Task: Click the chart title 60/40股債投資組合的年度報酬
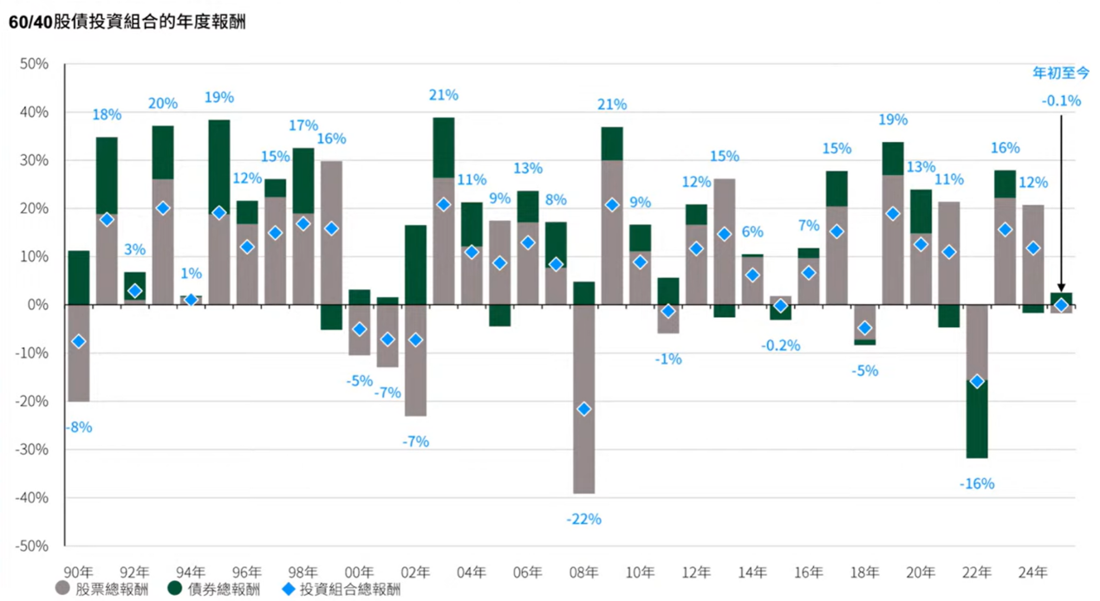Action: tap(127, 23)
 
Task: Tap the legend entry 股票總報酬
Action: tap(103, 589)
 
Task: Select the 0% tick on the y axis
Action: tap(38, 305)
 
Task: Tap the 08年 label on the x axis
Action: tap(583, 572)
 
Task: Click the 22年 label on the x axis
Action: tap(977, 572)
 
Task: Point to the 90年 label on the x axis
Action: tap(78, 572)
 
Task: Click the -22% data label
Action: tap(583, 520)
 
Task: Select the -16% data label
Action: tap(977, 484)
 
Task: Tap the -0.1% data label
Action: tap(1061, 101)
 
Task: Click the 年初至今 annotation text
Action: tap(1060, 73)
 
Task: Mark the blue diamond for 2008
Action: tap(584, 409)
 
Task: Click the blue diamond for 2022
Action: tap(977, 382)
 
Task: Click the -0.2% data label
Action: tap(781, 346)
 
